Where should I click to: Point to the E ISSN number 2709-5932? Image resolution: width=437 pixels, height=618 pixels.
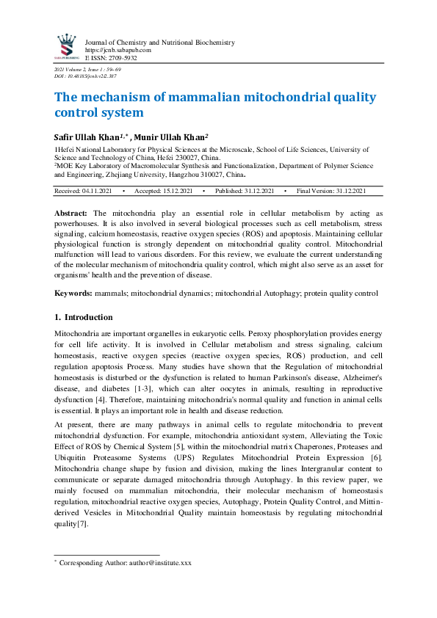(x=122, y=57)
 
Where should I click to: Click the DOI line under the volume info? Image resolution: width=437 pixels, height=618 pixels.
(x=84, y=76)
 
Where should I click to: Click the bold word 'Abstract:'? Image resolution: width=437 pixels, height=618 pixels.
(x=71, y=212)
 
